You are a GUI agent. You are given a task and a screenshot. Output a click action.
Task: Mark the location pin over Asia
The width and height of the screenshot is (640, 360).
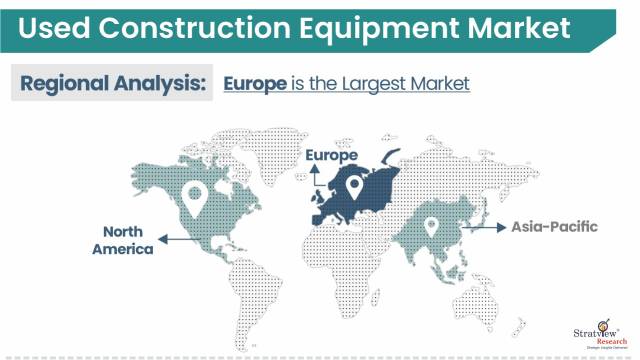click(x=432, y=228)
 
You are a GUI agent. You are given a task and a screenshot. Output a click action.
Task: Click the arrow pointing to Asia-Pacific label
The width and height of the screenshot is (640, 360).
click(x=494, y=229)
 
